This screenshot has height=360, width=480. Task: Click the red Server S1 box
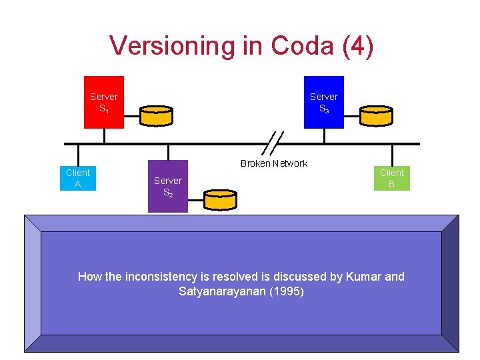pos(104,102)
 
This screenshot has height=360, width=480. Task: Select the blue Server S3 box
pos(324,102)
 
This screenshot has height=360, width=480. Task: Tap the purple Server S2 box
pos(168,186)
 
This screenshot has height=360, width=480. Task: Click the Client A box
pos(78,178)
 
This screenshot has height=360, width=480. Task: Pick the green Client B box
pos(392,178)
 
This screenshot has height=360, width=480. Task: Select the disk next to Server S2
pos(220,199)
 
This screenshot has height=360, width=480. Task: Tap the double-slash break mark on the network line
pos(273,143)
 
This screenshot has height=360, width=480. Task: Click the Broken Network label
pos(274,163)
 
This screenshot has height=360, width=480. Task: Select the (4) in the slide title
pos(357,46)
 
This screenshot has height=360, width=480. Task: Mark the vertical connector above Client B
pos(392,155)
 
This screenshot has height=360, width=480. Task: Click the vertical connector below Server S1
pos(104,135)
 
